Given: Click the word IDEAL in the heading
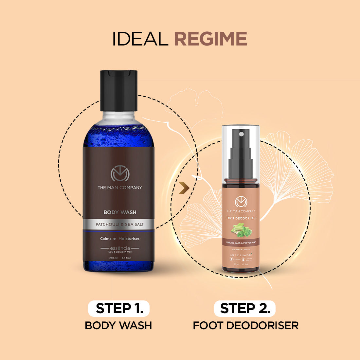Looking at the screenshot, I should tap(140, 39).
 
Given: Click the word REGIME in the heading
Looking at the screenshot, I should tap(210, 39).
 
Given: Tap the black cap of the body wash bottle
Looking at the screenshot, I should tap(118, 90).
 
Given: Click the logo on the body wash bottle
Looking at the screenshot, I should tap(120, 174).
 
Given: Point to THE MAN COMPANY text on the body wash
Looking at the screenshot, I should tap(120, 188).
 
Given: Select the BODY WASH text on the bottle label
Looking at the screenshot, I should tap(120, 212).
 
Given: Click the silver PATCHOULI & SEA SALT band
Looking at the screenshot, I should tap(120, 225).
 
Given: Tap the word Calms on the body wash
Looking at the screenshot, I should tap(106, 239).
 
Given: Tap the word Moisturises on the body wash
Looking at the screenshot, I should tap(129, 239).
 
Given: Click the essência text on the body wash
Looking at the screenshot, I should tap(120, 248).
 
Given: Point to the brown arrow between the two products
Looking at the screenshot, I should tap(184, 189).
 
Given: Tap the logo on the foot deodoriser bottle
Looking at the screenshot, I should tap(241, 201).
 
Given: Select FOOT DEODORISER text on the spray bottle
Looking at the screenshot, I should tap(241, 218).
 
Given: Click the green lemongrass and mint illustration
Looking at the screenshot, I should tap(241, 230).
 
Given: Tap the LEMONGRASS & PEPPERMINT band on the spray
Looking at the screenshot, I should tap(241, 243).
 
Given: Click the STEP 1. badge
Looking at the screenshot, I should tap(119, 309).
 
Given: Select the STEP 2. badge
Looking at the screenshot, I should tap(245, 309).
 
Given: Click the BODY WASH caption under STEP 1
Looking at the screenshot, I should tap(118, 326).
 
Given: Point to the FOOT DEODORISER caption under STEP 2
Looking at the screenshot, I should tap(245, 326).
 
